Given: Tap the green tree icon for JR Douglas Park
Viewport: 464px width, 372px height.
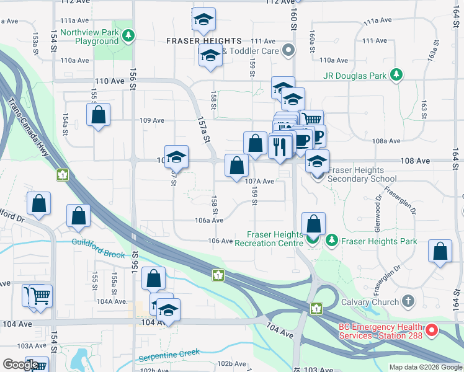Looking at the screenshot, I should click(x=396, y=76).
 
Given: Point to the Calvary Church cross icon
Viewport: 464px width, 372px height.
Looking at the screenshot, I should click(x=408, y=302).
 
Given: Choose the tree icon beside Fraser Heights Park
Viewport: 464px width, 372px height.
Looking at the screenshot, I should click(x=332, y=241).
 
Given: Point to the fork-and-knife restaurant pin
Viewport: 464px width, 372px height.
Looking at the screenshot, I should click(x=279, y=146).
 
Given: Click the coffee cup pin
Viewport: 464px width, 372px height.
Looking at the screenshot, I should click(x=303, y=139).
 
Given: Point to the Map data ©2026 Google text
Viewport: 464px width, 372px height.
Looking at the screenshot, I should click(x=426, y=367).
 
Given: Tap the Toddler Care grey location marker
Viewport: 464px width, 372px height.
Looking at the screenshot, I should click(x=287, y=50).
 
